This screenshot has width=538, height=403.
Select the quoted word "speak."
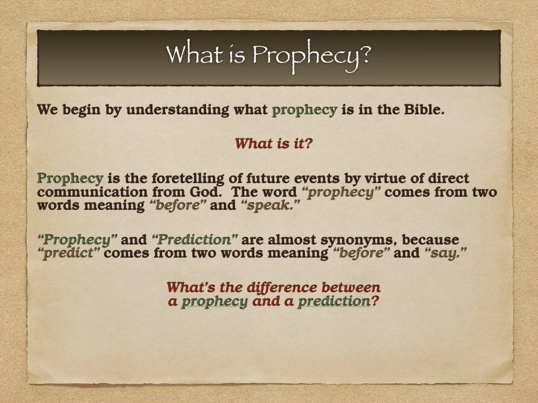pos(271,206)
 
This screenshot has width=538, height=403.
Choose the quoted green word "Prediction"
pos(194,240)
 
